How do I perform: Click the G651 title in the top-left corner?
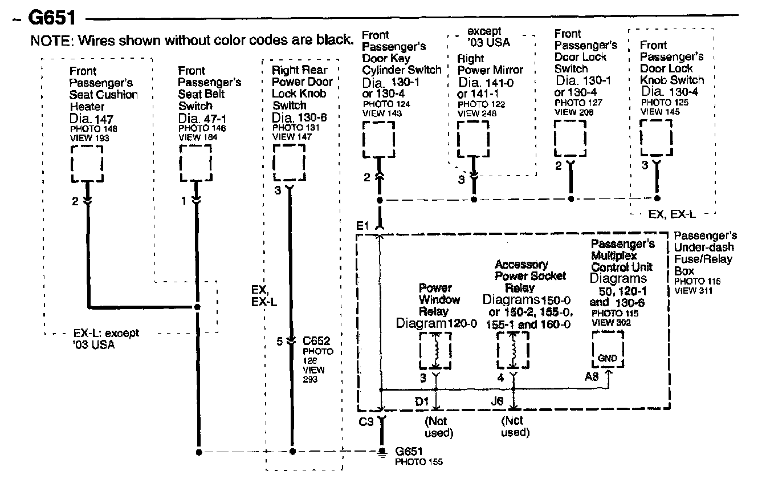pos(51,18)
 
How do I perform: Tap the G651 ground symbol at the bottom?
pos(381,452)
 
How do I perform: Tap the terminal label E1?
pos(362,226)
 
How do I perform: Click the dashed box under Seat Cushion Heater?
pos(87,163)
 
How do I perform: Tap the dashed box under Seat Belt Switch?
pos(196,163)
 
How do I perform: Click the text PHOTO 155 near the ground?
pos(419,461)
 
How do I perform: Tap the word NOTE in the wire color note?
pos(51,40)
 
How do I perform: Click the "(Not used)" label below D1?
pos(438,427)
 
